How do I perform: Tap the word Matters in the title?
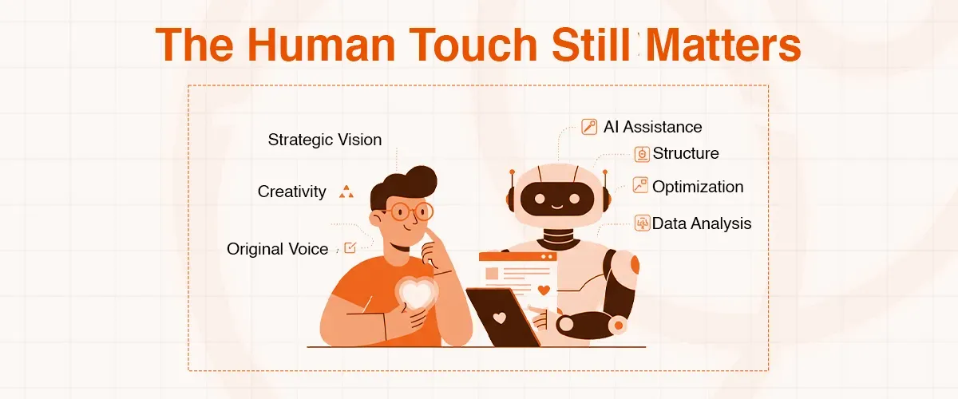[x=723, y=45]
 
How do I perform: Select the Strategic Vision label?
[x=325, y=140]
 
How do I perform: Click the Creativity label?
[x=292, y=192]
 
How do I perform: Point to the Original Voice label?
[x=278, y=249]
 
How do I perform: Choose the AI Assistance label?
[x=652, y=127]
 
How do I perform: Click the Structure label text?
[x=686, y=153]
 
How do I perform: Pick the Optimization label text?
[x=698, y=187]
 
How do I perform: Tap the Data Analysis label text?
[x=702, y=223]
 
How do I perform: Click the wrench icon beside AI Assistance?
[x=589, y=127]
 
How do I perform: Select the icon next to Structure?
[x=642, y=154]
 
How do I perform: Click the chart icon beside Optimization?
[x=640, y=186]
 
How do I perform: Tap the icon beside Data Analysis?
[x=642, y=223]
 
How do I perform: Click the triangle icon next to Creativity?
[x=346, y=192]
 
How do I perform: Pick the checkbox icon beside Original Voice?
[x=350, y=248]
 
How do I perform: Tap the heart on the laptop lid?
[x=500, y=318]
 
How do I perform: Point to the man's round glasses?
[x=408, y=211]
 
